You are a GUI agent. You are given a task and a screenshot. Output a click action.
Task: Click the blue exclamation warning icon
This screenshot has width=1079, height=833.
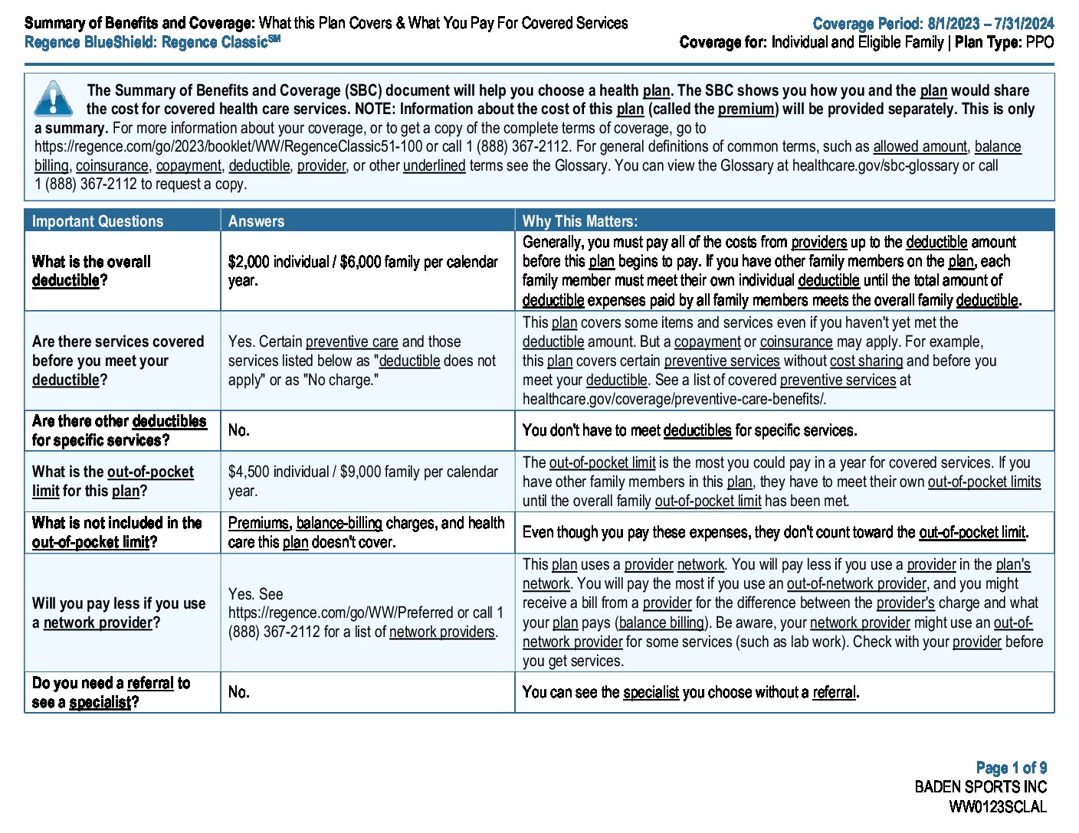(x=53, y=99)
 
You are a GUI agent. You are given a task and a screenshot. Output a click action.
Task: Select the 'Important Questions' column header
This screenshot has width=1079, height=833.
(x=97, y=221)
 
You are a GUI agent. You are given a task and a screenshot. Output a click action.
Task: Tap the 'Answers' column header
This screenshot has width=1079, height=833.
(x=256, y=221)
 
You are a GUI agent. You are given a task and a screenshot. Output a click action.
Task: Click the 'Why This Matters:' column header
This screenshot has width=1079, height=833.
(x=579, y=221)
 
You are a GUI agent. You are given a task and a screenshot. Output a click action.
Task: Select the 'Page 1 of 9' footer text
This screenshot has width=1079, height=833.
(x=1011, y=767)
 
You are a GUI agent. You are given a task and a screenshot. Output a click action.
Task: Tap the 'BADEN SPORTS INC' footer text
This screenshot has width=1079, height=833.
(x=980, y=786)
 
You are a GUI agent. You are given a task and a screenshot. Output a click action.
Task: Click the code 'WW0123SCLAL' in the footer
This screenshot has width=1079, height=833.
(x=997, y=806)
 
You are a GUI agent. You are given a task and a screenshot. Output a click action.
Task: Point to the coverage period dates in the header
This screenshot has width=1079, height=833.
(x=990, y=24)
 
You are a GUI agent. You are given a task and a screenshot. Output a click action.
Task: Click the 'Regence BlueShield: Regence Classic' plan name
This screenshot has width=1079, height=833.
(x=152, y=42)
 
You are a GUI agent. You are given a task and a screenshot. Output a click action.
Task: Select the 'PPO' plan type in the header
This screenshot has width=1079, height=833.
(x=1040, y=42)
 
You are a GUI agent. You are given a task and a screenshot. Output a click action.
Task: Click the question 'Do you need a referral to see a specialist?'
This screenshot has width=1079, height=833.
(x=111, y=692)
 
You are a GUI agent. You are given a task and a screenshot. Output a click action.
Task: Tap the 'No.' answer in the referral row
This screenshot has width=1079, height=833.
(x=238, y=692)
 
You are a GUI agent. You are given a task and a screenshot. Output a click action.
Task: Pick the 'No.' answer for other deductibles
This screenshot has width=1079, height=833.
(x=238, y=430)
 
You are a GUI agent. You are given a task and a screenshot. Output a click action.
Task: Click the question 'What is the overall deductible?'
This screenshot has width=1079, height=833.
(x=91, y=271)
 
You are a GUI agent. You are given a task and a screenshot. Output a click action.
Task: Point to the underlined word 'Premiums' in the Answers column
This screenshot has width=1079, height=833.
(x=258, y=523)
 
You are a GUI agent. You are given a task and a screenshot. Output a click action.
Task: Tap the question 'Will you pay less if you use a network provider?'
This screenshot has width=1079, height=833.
(x=119, y=612)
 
